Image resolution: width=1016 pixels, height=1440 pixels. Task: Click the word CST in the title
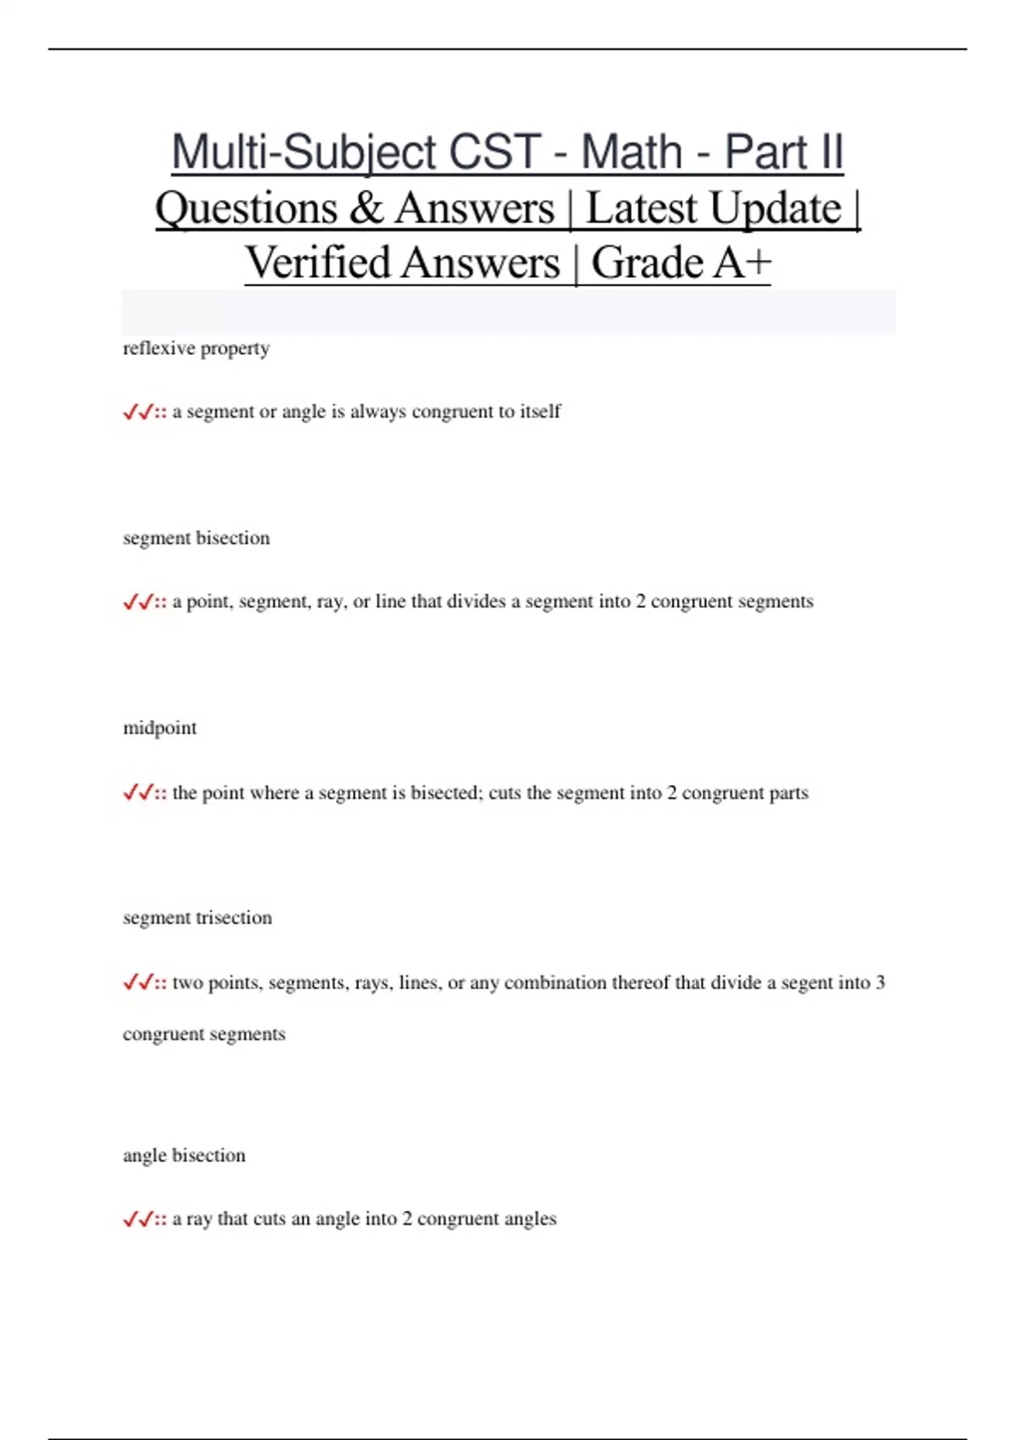click(494, 152)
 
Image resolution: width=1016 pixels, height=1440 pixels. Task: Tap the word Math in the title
click(631, 152)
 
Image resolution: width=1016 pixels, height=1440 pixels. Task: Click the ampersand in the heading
click(365, 208)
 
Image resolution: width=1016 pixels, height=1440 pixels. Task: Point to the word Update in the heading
click(776, 208)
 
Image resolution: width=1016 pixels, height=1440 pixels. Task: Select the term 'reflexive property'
click(196, 348)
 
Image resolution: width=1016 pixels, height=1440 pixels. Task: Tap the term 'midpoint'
click(159, 728)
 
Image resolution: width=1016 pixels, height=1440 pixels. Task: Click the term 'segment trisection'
click(197, 917)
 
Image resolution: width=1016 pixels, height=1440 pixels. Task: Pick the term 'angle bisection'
click(184, 1155)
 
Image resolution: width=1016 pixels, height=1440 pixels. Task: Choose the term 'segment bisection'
click(196, 538)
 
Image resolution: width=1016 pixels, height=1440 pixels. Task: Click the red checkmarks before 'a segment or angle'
click(138, 413)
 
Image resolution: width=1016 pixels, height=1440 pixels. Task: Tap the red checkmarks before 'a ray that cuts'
click(138, 1220)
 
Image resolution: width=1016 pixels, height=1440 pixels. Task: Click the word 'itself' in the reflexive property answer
click(540, 412)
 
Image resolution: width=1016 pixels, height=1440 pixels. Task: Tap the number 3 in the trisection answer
click(880, 983)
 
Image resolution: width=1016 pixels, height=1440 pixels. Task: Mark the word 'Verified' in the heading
click(317, 263)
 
